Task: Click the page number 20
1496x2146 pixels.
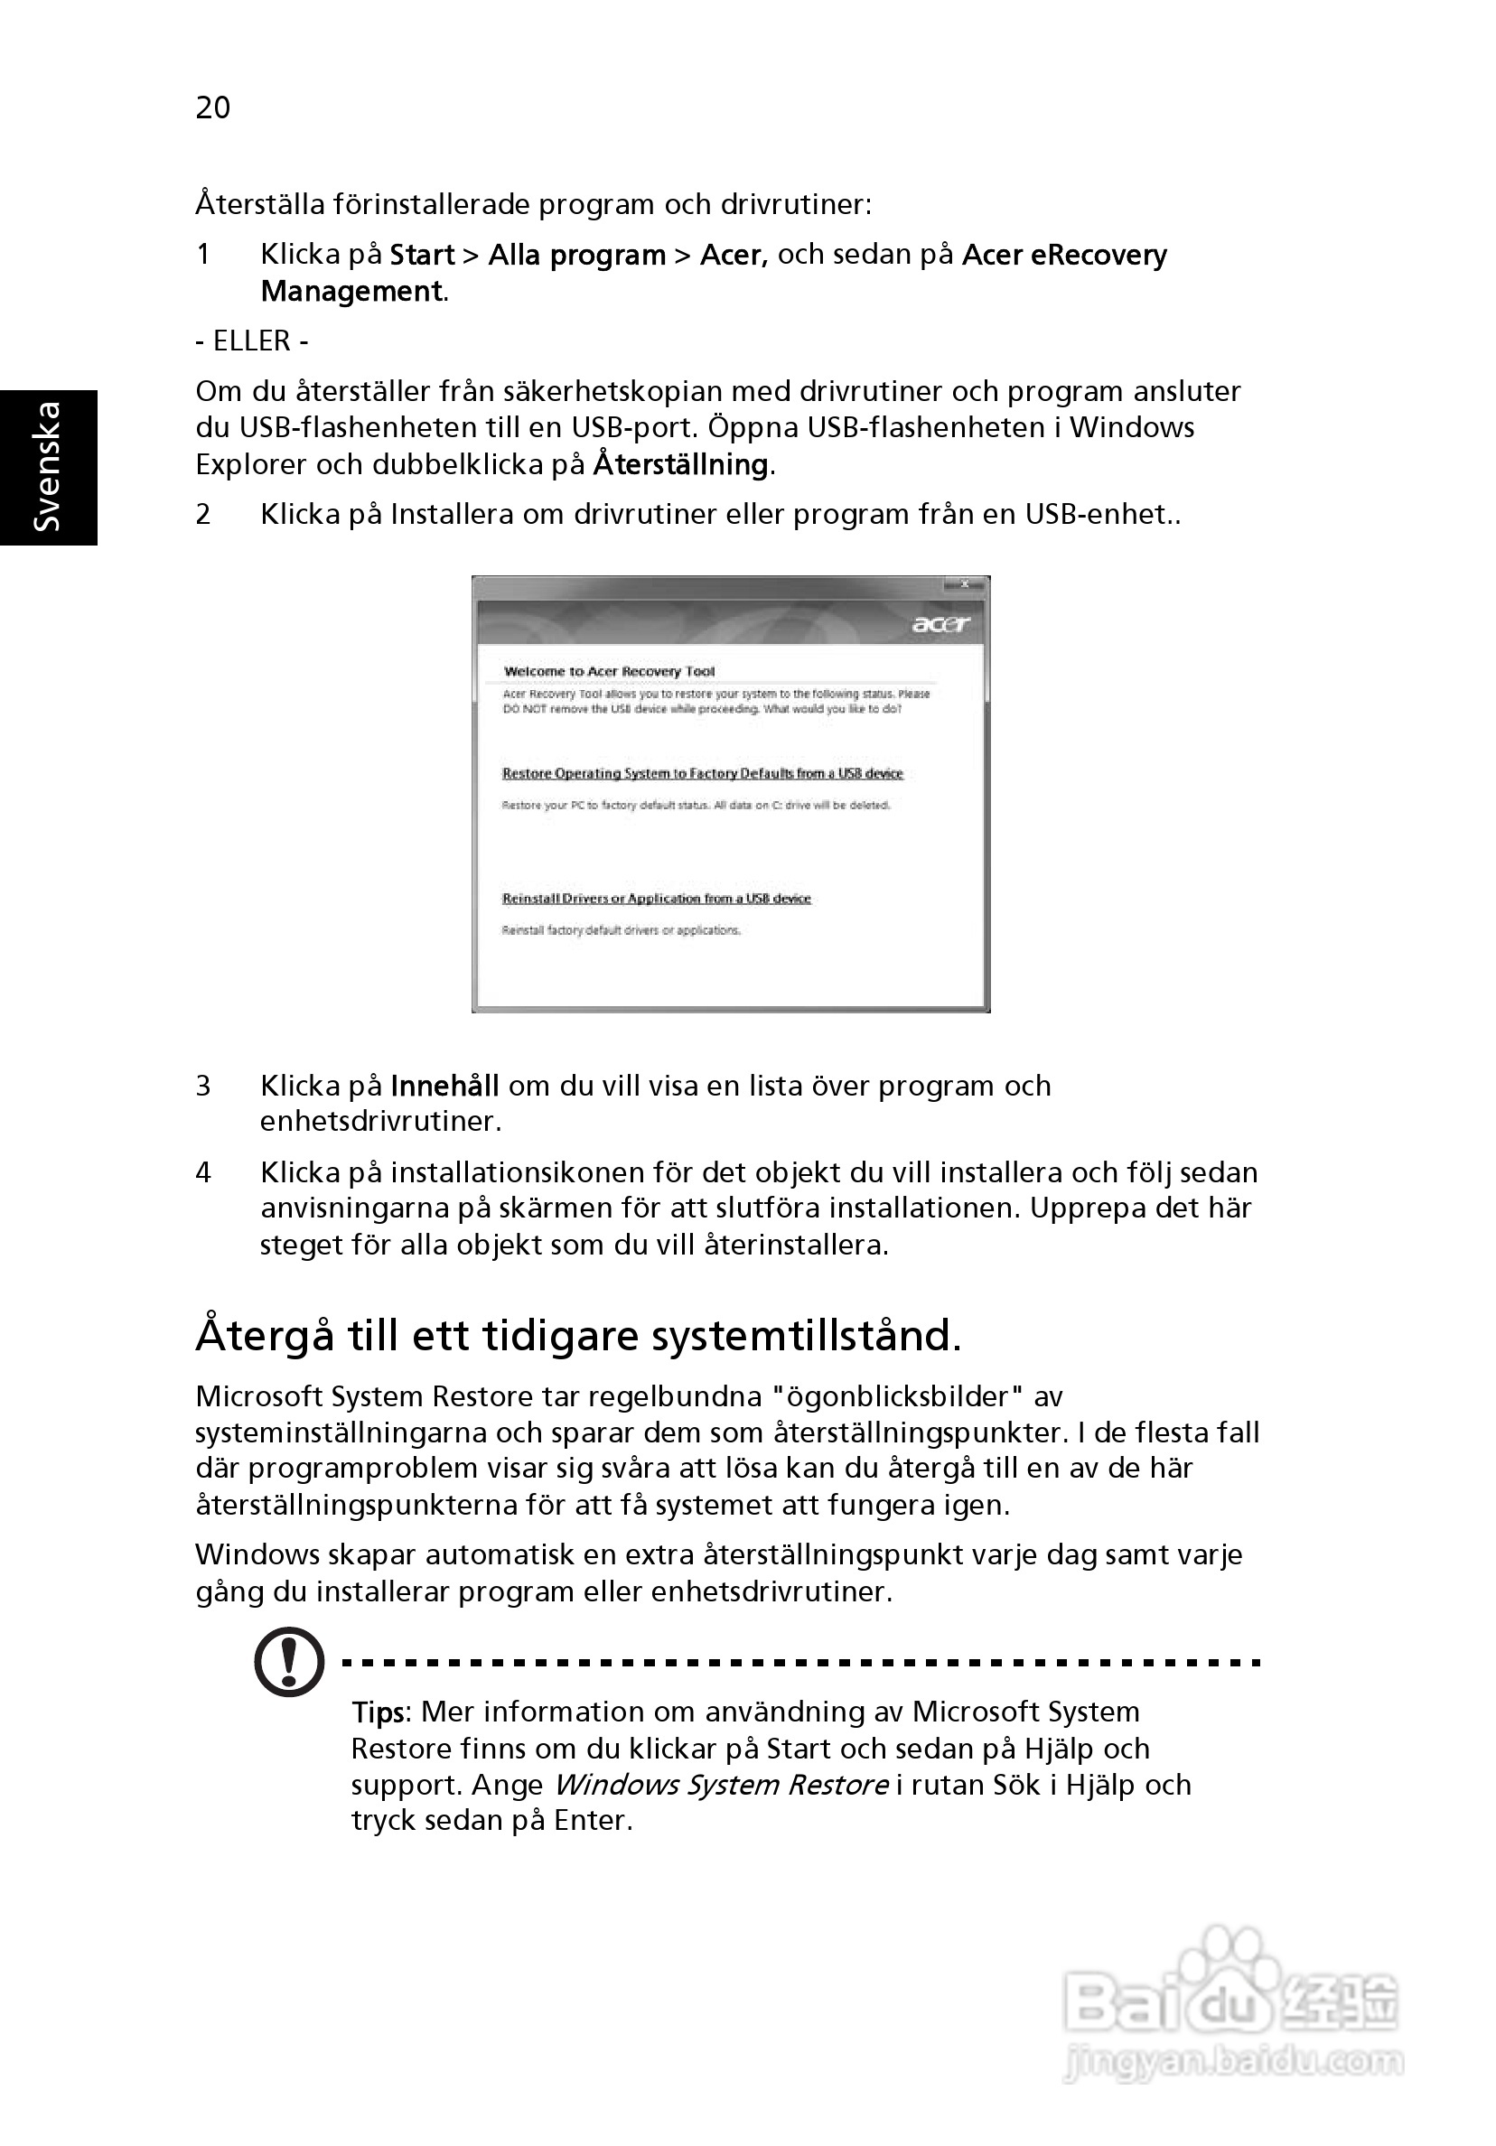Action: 212,107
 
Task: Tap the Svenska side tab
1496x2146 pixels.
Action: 47,466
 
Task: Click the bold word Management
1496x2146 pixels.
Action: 351,292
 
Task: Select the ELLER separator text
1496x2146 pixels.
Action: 251,341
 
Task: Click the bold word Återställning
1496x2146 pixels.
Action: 680,464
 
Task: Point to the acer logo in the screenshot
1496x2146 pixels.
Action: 940,623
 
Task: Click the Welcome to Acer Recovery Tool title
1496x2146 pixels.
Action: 609,671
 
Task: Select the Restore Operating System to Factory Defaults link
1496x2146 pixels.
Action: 702,773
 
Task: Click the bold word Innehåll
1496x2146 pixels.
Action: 444,1085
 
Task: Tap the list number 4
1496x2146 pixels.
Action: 203,1172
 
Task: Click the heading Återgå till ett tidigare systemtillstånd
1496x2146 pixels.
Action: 578,1336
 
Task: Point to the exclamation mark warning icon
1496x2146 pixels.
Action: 289,1662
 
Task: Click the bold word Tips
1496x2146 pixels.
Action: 379,1712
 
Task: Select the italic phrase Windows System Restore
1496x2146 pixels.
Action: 721,1785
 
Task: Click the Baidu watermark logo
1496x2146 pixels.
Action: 1230,2001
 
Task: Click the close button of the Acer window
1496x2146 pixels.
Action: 963,583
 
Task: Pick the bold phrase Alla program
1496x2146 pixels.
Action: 577,256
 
